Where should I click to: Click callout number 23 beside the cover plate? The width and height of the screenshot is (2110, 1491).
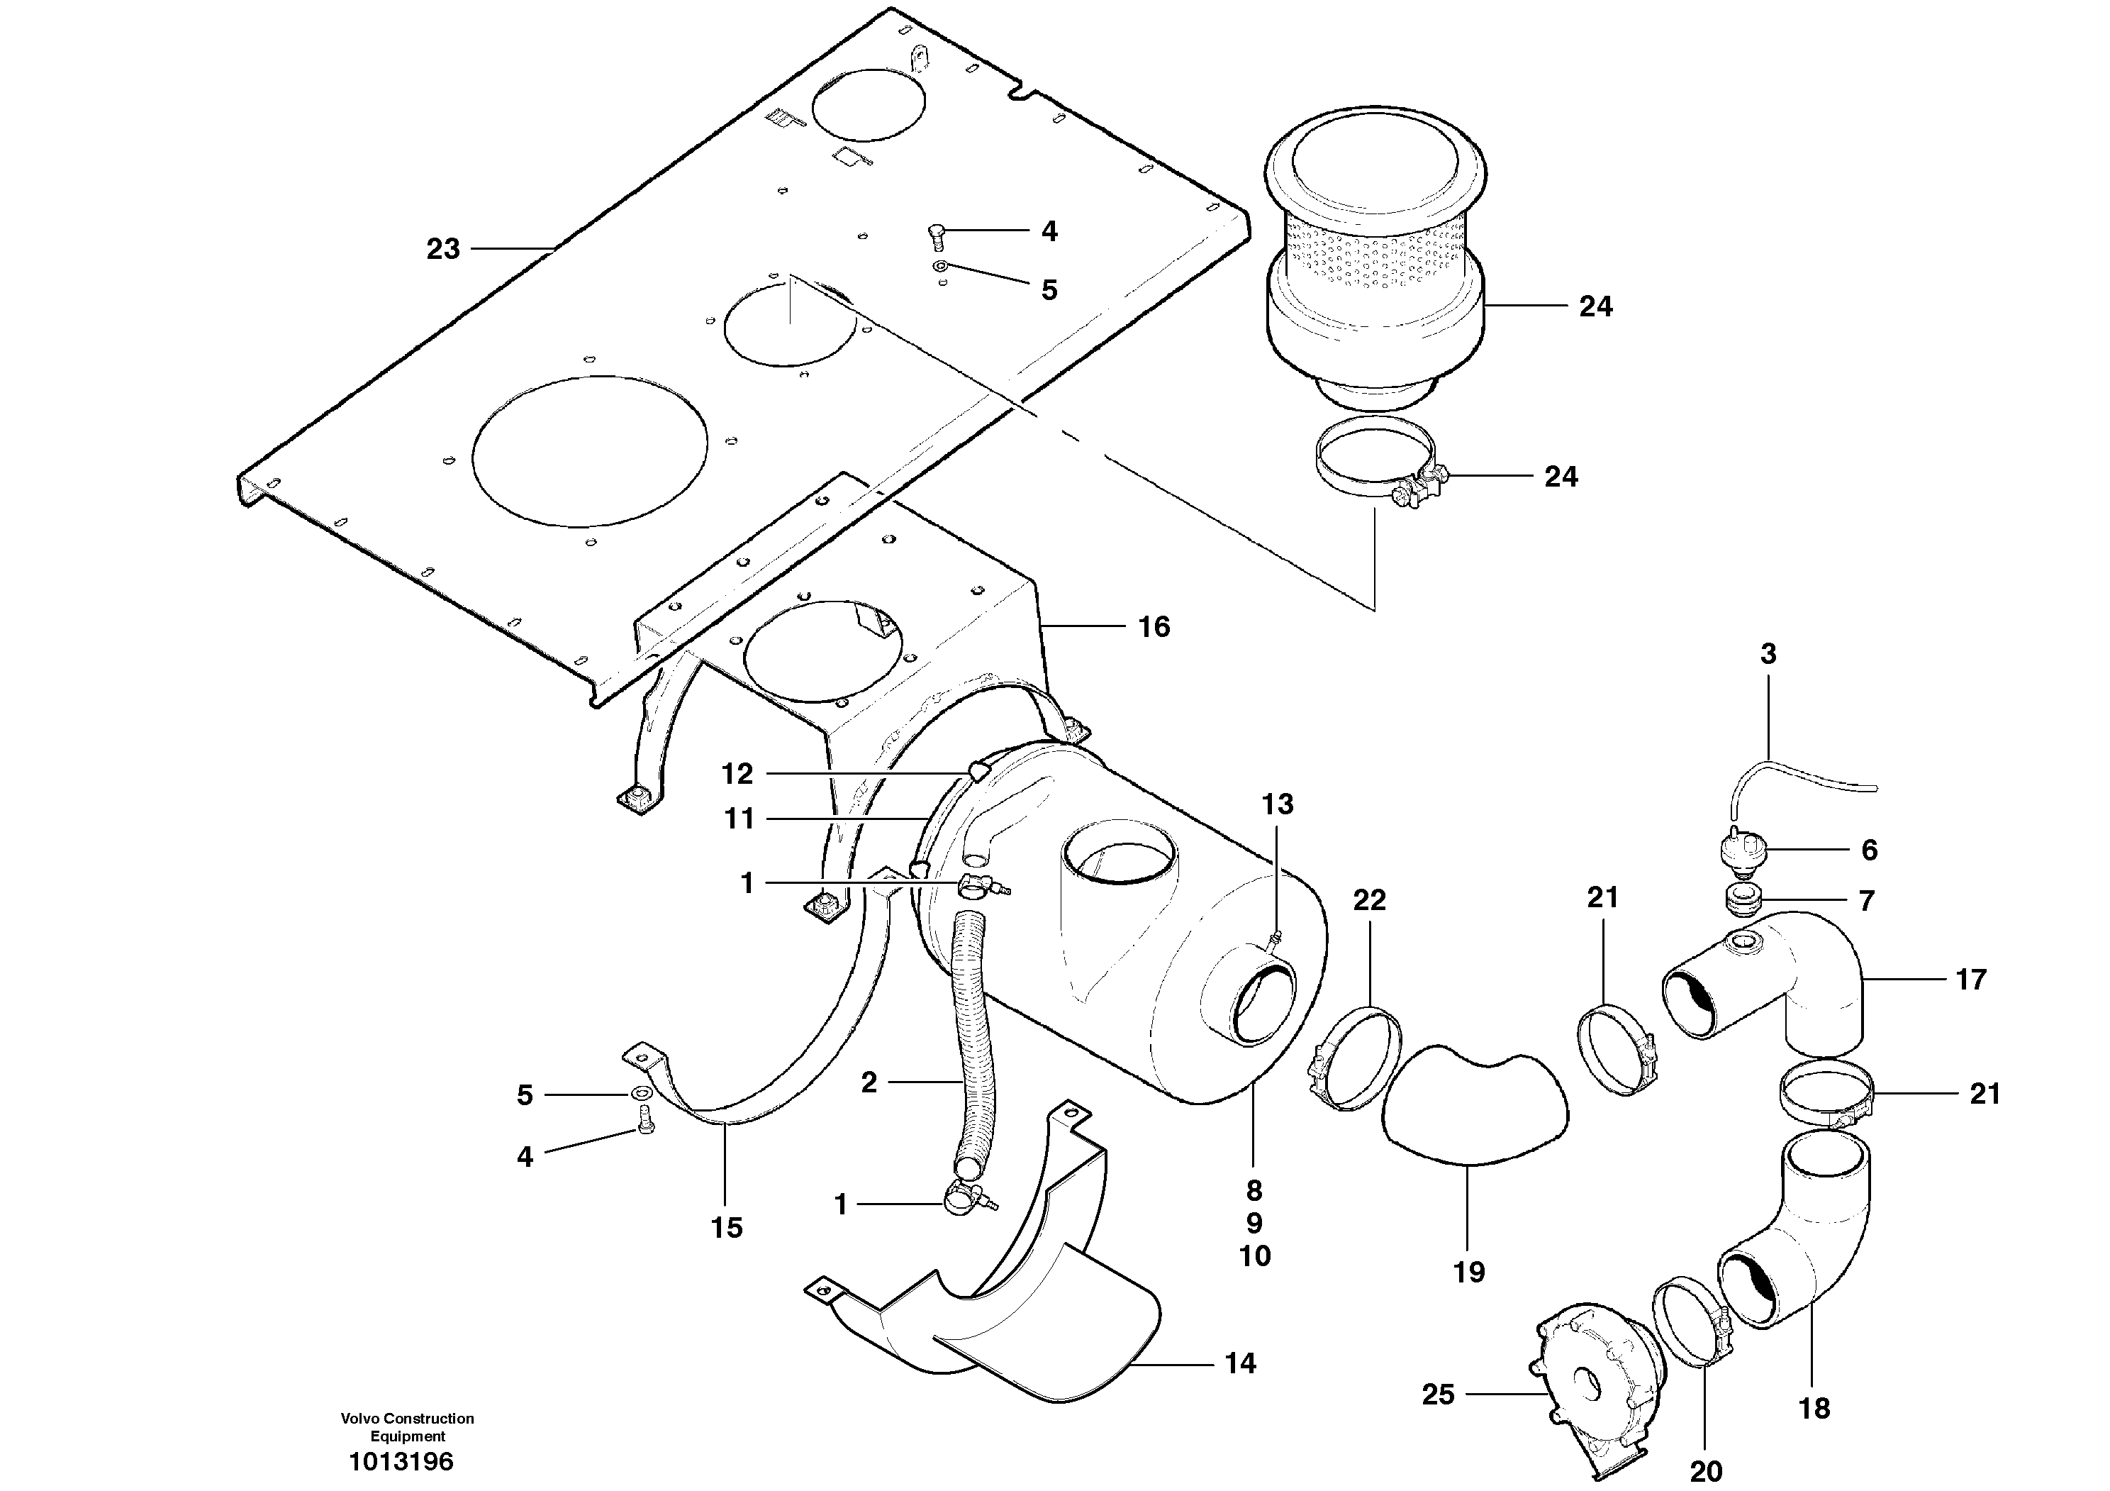click(x=443, y=249)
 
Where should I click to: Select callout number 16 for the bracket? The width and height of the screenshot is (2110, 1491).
click(x=1154, y=627)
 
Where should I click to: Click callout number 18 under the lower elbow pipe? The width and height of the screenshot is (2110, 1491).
click(x=1814, y=1407)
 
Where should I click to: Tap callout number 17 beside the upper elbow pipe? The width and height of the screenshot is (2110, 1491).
click(x=1970, y=980)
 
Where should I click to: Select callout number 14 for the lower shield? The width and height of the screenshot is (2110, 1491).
click(x=1240, y=1363)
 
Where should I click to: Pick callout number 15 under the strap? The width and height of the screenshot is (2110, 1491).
click(x=726, y=1228)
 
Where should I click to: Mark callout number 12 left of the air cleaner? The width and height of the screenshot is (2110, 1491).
click(x=737, y=774)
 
